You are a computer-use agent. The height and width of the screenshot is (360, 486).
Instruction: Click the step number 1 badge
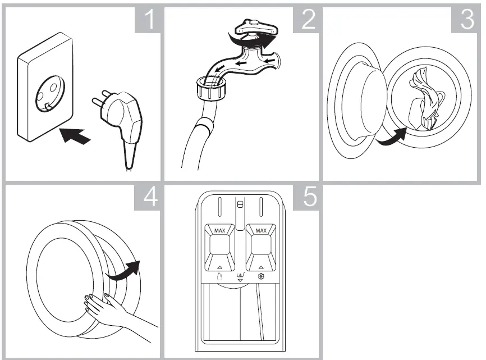pos(148,20)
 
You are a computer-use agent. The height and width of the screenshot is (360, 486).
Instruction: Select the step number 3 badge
pos(466,20)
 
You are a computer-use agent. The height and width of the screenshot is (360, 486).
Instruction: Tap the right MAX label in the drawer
pos(261,231)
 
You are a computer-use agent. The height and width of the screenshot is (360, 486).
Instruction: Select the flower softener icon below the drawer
pos(261,277)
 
